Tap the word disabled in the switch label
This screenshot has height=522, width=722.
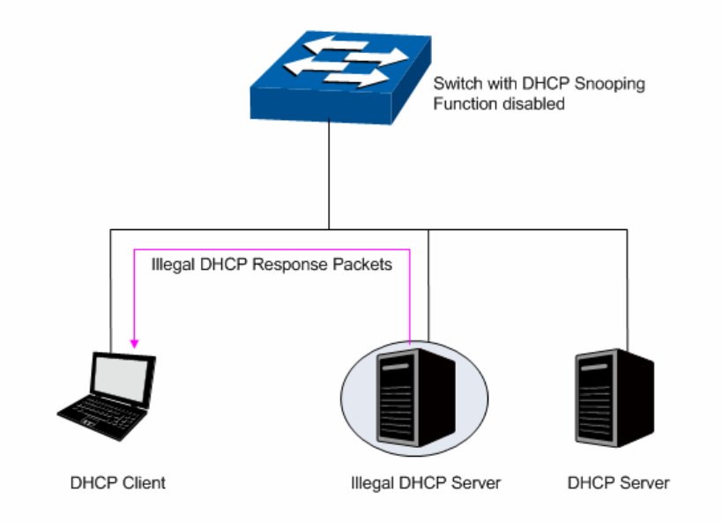coord(535,103)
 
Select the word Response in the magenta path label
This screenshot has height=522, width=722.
coord(287,264)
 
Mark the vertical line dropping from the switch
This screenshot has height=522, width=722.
coord(329,176)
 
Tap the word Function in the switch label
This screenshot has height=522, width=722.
coord(462,103)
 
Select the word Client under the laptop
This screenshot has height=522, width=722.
coord(140,483)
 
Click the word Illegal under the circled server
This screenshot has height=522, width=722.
coord(369,483)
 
